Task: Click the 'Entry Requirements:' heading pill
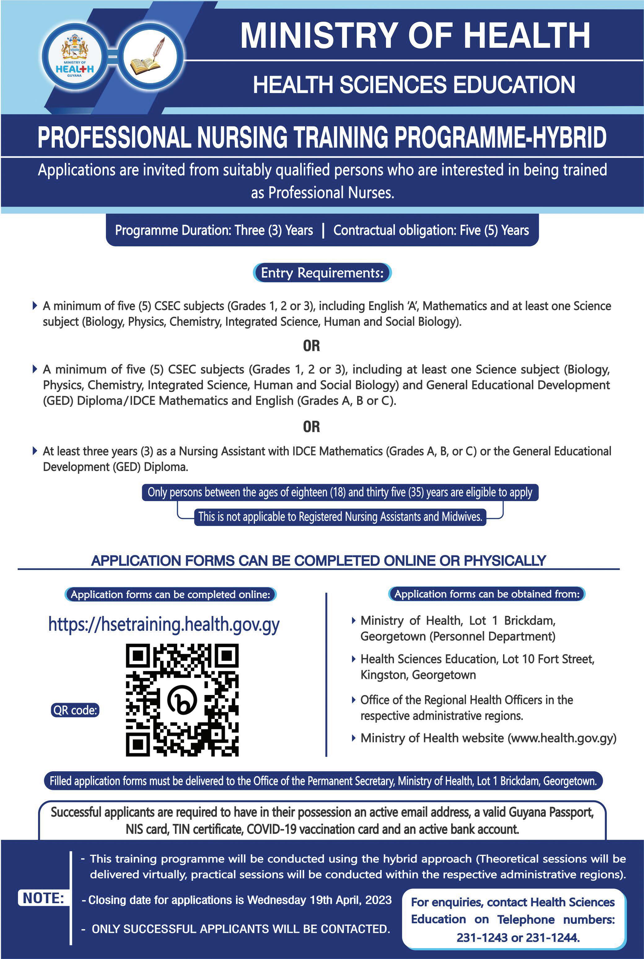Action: pos(322,273)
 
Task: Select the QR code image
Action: pos(182,700)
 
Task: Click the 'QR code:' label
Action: pos(75,710)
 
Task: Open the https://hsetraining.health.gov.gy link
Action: pos(164,624)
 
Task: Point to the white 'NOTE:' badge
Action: pos(43,898)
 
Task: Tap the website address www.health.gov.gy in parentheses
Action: pos(562,738)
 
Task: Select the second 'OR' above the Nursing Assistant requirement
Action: pos(311,427)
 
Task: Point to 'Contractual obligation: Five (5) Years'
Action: pos(431,230)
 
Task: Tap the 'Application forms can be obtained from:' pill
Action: pos(487,594)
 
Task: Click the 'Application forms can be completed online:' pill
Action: pos(170,594)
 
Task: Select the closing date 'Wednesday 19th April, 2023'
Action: pos(319,900)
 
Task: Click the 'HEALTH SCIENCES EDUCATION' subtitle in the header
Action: pos(414,84)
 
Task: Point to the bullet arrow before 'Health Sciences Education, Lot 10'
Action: pos(354,659)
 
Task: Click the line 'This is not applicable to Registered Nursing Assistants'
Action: pos(340,517)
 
